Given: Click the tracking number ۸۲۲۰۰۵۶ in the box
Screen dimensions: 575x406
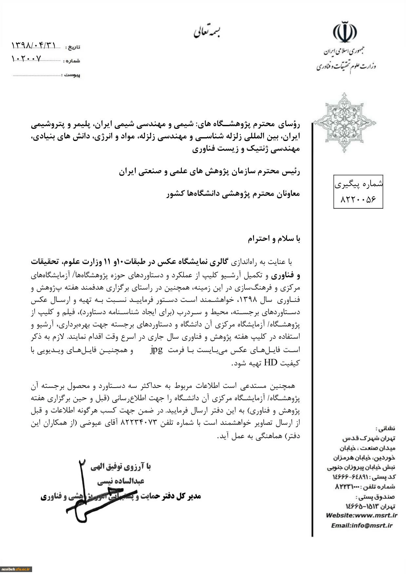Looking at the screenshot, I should pos(358,199).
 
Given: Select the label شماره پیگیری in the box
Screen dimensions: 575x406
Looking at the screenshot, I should pos(358,184).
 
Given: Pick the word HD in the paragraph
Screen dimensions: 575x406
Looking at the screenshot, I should pos(273,362).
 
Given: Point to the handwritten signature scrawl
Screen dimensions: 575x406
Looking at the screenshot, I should pos(87,492).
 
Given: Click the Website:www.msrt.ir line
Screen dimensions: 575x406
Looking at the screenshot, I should pos(361,515).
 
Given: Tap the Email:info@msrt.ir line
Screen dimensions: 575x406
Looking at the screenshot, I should pos(361,525).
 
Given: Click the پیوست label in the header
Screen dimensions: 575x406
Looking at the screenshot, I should pos(72,75).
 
